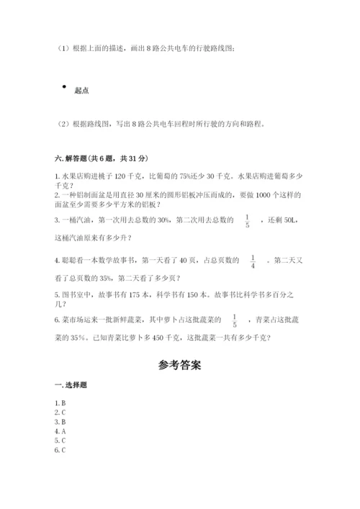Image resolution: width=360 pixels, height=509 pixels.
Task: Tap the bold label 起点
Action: click(x=81, y=90)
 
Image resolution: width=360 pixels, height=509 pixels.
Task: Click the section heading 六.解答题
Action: click(x=73, y=158)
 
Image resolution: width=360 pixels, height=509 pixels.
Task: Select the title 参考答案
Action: click(x=179, y=365)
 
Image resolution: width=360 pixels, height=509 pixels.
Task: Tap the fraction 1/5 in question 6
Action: click(x=235, y=320)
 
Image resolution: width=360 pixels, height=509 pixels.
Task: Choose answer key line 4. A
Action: click(x=60, y=431)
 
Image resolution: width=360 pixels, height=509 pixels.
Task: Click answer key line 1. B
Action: click(x=60, y=403)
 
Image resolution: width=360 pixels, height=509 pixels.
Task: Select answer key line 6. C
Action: click(x=60, y=450)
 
